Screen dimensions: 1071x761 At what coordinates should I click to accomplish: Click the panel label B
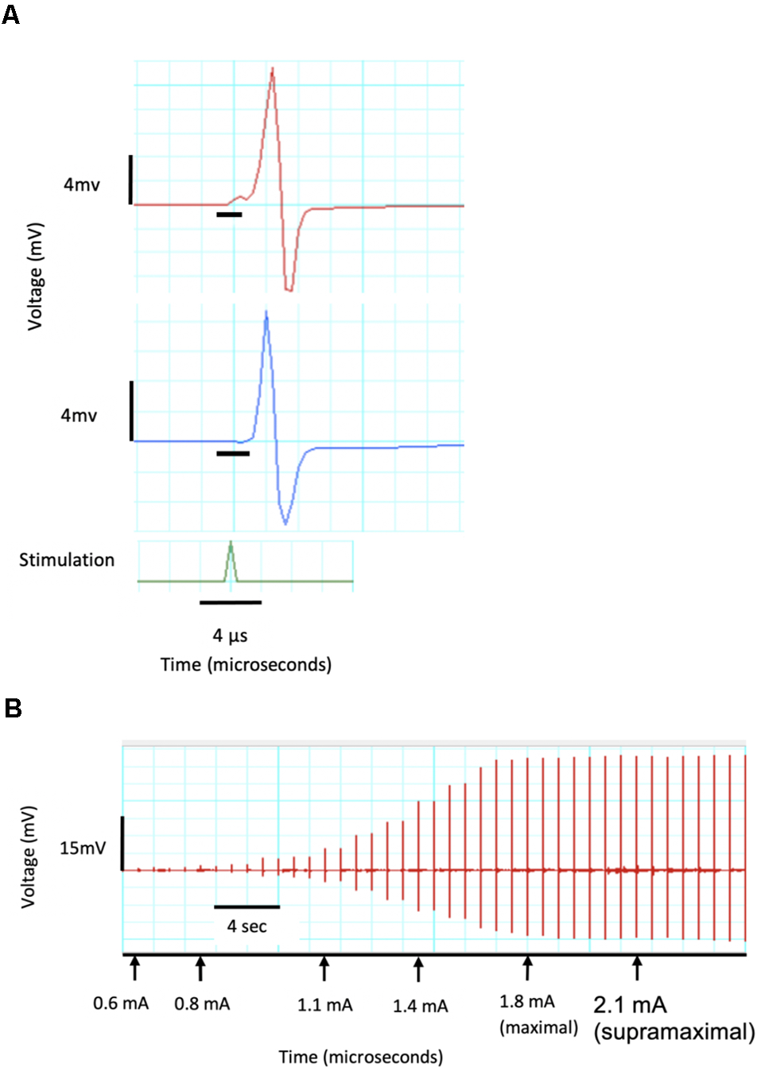click(x=13, y=708)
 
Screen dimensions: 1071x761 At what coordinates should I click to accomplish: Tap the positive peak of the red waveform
click(x=272, y=71)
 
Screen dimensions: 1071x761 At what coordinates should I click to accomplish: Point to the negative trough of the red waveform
click(x=289, y=290)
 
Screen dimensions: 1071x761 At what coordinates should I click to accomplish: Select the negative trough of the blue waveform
click(x=285, y=523)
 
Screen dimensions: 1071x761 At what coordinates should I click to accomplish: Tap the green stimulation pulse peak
click(x=231, y=544)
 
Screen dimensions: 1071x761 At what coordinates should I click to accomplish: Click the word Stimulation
click(x=67, y=560)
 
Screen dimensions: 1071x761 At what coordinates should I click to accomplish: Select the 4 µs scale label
click(x=230, y=636)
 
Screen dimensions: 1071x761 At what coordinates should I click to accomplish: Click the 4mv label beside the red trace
click(x=82, y=185)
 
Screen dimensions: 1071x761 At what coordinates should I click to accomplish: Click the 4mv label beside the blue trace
click(x=79, y=416)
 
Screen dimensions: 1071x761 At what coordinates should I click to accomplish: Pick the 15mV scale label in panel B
click(x=83, y=849)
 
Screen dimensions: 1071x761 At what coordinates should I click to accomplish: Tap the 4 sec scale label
click(x=247, y=926)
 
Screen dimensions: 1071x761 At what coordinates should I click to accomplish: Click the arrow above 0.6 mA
click(x=135, y=968)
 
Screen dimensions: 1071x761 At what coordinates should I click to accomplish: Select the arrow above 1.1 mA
click(x=324, y=968)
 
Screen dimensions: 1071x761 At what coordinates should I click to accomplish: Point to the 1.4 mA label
click(x=420, y=1007)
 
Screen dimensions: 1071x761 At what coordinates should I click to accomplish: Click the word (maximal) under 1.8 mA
click(x=538, y=1028)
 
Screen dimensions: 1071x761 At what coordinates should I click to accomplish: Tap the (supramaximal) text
click(x=674, y=1032)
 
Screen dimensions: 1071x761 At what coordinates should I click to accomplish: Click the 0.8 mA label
click(x=202, y=1004)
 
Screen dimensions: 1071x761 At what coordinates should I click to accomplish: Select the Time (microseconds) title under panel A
click(x=246, y=665)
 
